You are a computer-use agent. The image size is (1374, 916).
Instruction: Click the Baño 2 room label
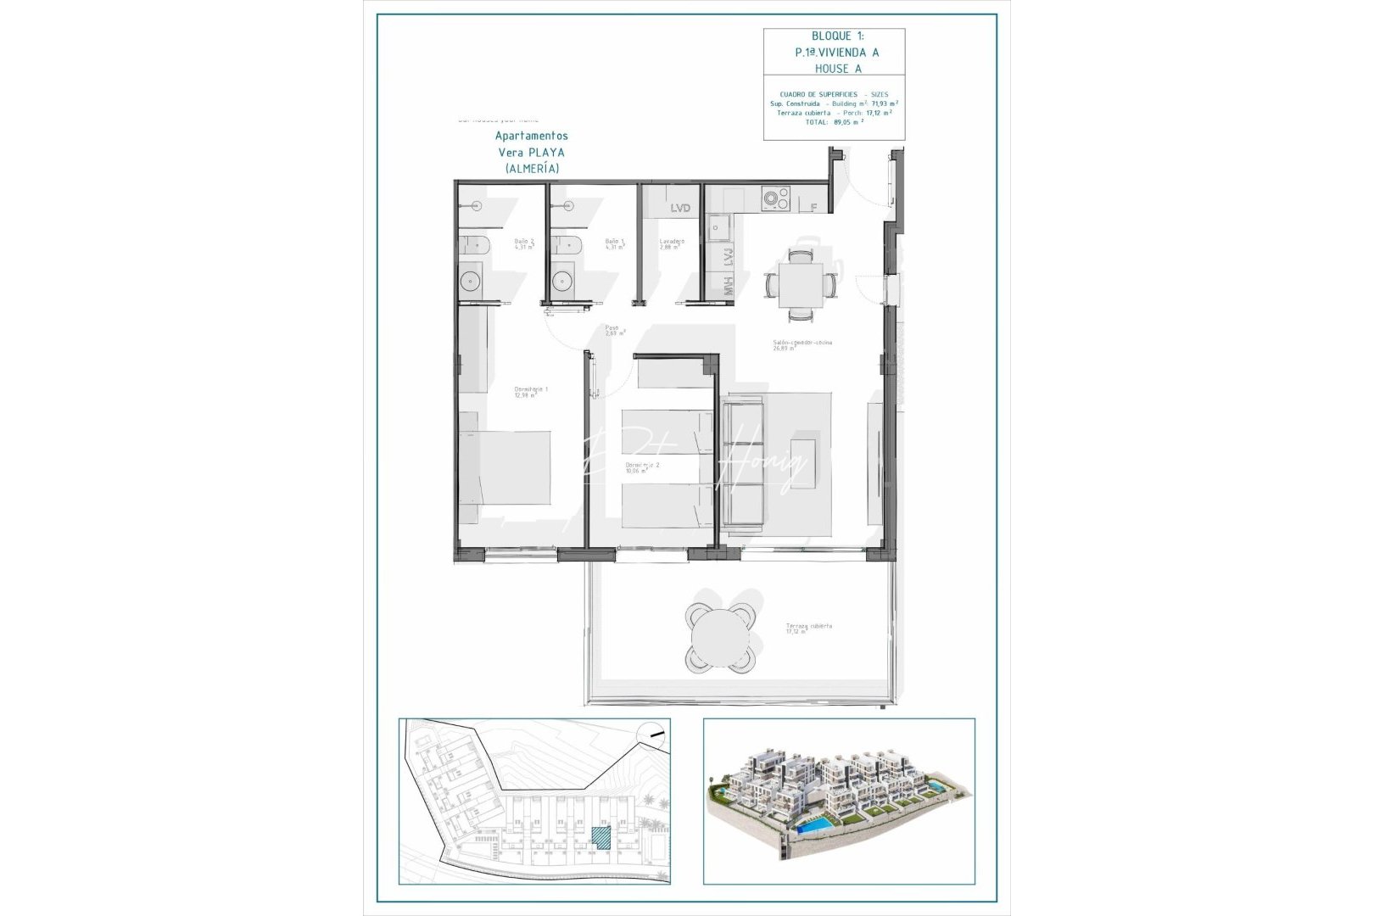pos(524,243)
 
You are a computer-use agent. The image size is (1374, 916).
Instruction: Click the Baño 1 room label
pos(615,243)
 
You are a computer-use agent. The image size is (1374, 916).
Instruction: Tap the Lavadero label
pos(672,243)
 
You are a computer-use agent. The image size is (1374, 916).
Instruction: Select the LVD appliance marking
pos(680,208)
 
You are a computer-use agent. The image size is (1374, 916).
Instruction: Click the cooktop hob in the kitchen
pos(775,200)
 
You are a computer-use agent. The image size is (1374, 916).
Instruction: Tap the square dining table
pos(801,285)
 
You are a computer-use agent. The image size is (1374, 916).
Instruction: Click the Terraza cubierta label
pos(808,628)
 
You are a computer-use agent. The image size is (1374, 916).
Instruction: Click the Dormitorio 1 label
pos(531,391)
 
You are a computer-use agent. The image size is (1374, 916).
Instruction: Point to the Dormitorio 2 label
pos(642,466)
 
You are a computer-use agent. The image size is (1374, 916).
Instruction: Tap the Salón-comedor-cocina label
pos(801,344)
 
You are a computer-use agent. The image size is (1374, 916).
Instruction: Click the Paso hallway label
pos(612,330)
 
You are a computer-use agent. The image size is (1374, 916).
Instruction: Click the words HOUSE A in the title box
pos(838,69)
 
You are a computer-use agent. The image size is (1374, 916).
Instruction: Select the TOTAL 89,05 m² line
pos(835,122)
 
